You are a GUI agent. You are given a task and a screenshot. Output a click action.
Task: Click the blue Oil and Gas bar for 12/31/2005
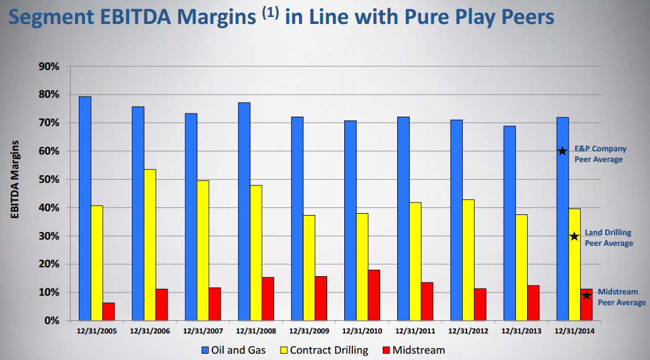85,208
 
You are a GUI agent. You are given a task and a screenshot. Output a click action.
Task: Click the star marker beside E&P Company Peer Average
562,151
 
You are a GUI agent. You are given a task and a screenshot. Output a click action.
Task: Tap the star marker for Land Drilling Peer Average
574,236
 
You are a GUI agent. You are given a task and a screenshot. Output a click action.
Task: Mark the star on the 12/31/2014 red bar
586,296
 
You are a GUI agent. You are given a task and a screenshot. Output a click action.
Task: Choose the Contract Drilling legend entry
326,349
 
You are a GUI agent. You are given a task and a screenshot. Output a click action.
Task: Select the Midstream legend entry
415,349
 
